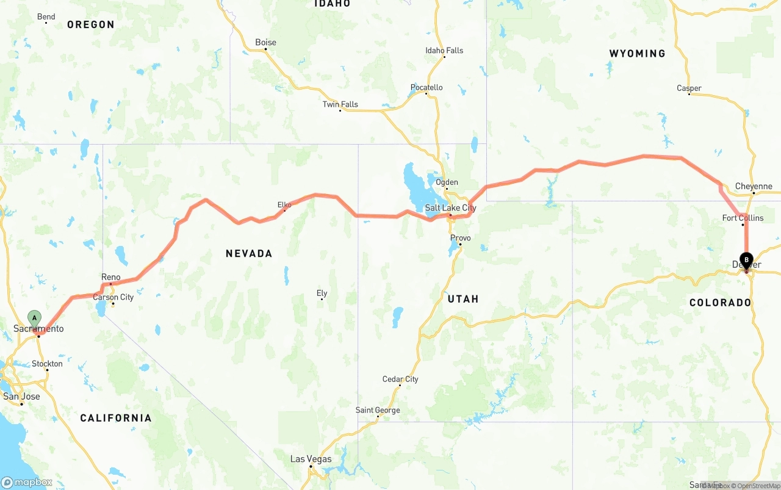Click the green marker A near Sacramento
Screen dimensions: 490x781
click(35, 318)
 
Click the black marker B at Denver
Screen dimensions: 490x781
click(746, 260)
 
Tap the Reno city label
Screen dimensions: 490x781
click(111, 277)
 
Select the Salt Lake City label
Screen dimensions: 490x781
click(450, 208)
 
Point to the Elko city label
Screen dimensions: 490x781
click(284, 205)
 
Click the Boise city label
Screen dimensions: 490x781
click(265, 42)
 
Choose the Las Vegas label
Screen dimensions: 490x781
click(311, 459)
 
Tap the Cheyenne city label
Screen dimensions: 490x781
click(754, 186)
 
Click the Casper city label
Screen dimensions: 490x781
click(689, 88)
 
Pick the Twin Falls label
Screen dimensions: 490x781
click(340, 104)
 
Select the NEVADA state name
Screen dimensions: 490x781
click(249, 253)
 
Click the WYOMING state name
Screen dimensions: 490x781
click(637, 54)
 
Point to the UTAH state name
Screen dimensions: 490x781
click(463, 299)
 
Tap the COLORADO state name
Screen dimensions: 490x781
click(720, 303)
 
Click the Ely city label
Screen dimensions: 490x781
click(322, 294)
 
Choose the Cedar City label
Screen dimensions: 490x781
click(400, 379)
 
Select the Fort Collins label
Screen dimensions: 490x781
click(743, 218)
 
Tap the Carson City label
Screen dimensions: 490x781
click(113, 297)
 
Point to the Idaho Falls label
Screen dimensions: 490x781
click(444, 51)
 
